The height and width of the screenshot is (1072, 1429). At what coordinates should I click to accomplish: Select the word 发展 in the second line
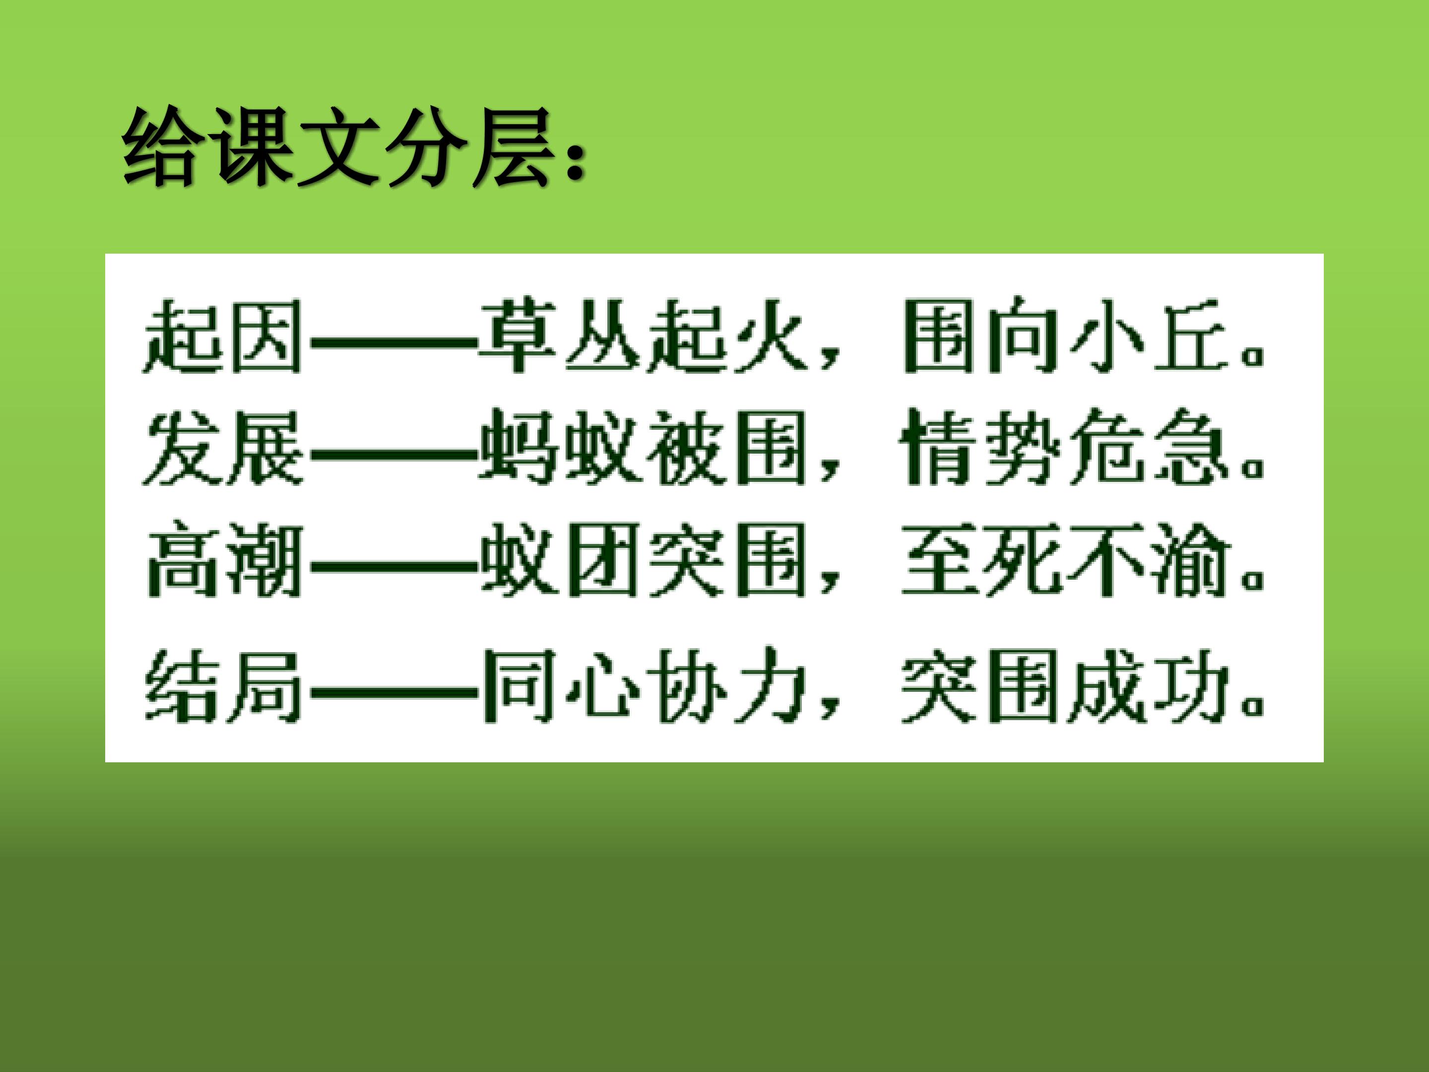coord(223,448)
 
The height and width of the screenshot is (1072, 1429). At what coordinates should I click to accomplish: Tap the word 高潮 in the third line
coord(223,560)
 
